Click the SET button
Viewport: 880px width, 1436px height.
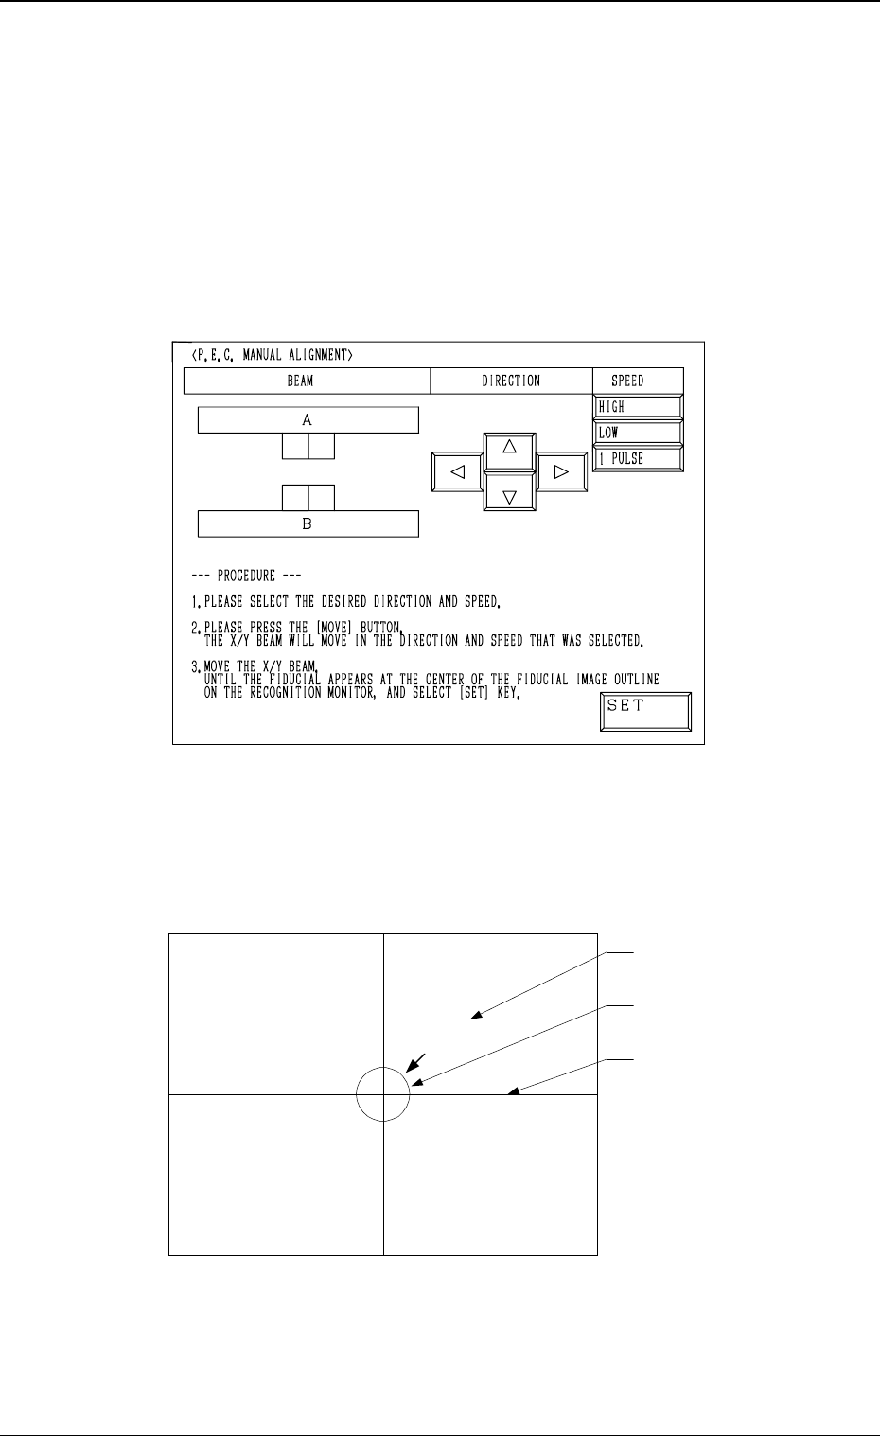(645, 712)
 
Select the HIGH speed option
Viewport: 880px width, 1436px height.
(638, 407)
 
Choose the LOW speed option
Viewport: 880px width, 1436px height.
(638, 433)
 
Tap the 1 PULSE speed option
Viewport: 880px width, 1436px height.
(638, 458)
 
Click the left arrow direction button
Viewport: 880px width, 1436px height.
(458, 471)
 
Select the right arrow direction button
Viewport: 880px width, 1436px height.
(561, 471)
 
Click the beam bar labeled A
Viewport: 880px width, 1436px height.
(308, 420)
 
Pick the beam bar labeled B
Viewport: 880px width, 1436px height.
(308, 523)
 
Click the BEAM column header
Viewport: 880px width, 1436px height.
(307, 381)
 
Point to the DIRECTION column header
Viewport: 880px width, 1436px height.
(511, 381)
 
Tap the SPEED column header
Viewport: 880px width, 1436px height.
(627, 381)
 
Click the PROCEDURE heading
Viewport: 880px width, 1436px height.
(246, 576)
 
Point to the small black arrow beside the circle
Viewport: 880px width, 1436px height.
(417, 1062)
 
